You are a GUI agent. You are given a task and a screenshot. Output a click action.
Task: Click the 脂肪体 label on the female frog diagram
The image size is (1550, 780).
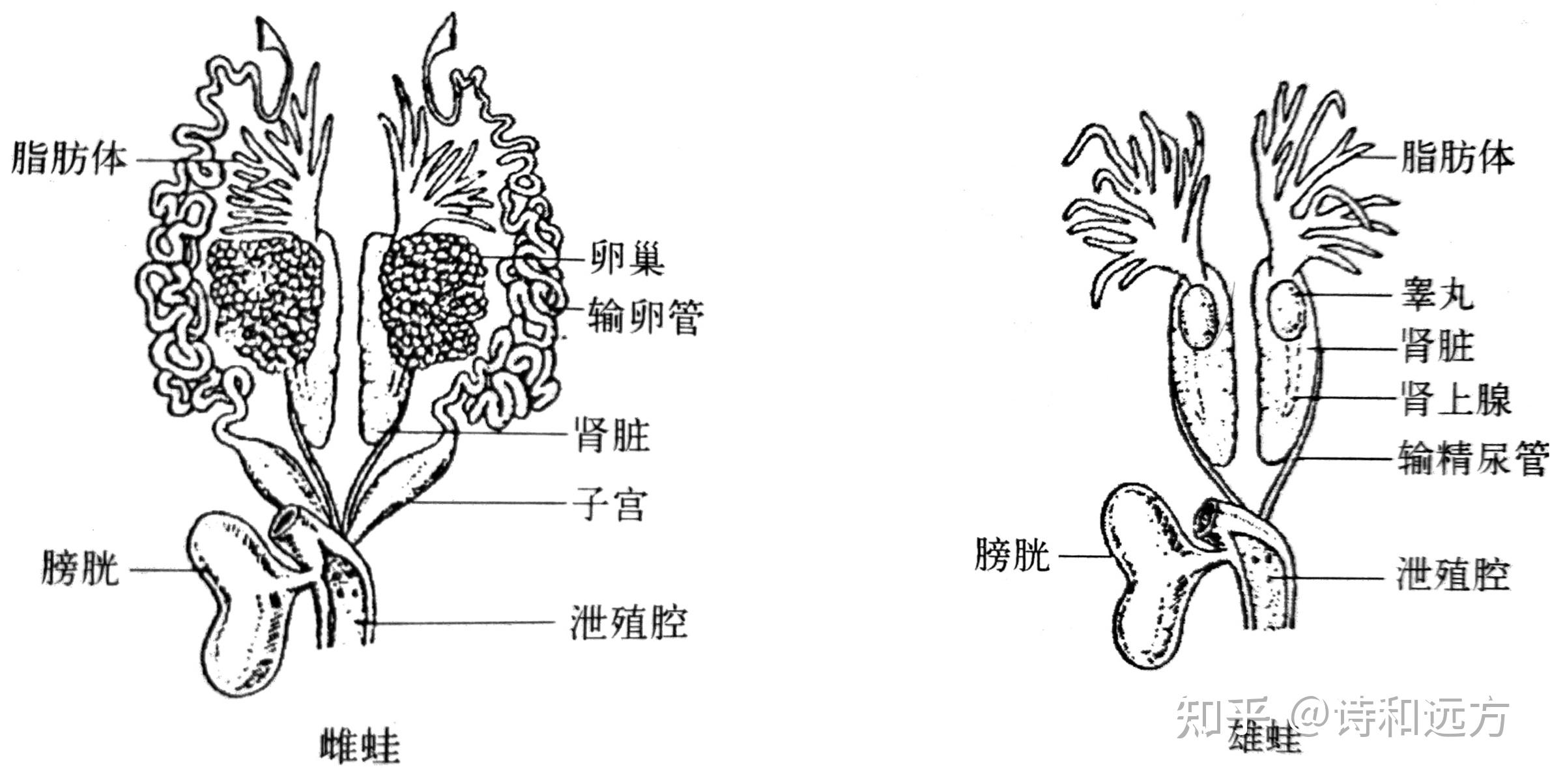coord(68,158)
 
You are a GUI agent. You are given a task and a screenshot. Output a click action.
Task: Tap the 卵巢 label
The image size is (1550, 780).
coord(626,259)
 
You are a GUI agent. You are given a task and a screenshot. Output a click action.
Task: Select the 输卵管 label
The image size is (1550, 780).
coord(645,317)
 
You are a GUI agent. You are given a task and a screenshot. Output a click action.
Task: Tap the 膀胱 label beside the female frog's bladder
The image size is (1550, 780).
coord(80,569)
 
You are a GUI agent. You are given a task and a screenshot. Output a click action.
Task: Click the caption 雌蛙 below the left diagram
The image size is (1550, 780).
coord(360,747)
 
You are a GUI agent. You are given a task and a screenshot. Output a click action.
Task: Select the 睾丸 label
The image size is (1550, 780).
coord(1437,295)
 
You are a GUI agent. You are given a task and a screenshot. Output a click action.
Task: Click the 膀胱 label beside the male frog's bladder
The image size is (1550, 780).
coord(1012,556)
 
